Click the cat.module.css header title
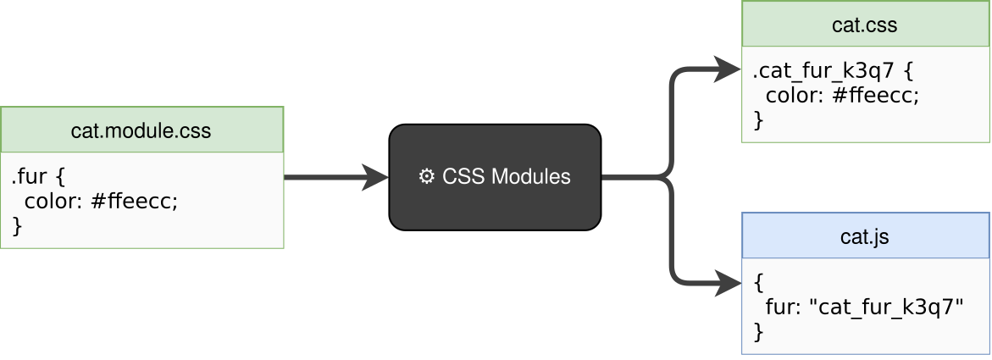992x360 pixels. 141,131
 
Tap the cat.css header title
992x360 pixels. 865,25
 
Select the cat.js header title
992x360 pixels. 865,237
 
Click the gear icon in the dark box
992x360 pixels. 427,177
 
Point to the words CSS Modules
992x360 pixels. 507,177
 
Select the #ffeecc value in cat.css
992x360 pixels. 876,95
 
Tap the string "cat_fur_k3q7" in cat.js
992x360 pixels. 889,306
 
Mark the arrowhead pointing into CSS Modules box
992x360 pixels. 374,178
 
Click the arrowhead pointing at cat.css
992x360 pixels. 727,69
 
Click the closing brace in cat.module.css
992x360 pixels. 16,225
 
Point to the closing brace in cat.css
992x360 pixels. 758,119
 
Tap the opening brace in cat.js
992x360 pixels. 758,283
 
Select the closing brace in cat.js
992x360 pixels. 758,331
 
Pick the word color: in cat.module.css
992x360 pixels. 53,202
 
